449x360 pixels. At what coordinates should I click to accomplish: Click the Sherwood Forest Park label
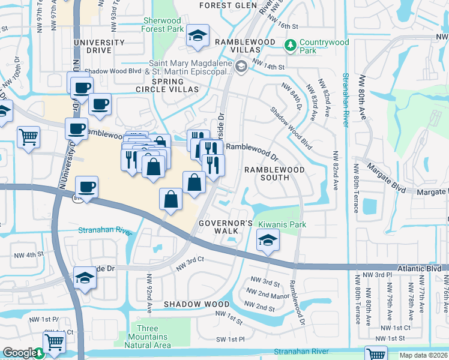[163, 24]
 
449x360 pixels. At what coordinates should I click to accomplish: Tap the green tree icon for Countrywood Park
[290, 45]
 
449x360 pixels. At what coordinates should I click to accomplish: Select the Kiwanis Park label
[282, 224]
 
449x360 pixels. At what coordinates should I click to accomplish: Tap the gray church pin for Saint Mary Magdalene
[241, 66]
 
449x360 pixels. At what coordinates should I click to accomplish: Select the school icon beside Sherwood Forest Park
[197, 36]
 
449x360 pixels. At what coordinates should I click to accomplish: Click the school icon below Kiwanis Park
[267, 242]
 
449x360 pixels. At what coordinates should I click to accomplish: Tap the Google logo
[19, 353]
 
